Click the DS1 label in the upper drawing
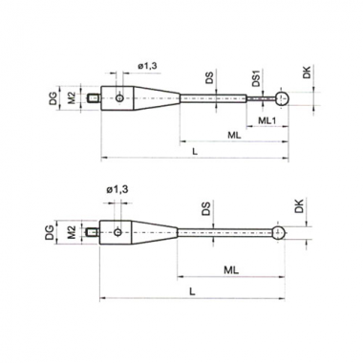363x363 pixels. [x=256, y=78]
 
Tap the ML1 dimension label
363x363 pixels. [x=267, y=120]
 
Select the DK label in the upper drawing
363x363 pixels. [x=307, y=73]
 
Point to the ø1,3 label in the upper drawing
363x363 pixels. [x=147, y=66]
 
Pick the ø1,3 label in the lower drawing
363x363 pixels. [x=117, y=190]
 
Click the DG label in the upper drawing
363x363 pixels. [x=53, y=98]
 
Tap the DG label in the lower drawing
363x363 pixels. [x=50, y=233]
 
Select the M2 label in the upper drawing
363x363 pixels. [x=72, y=98]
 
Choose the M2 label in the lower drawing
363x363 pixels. [x=72, y=232]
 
